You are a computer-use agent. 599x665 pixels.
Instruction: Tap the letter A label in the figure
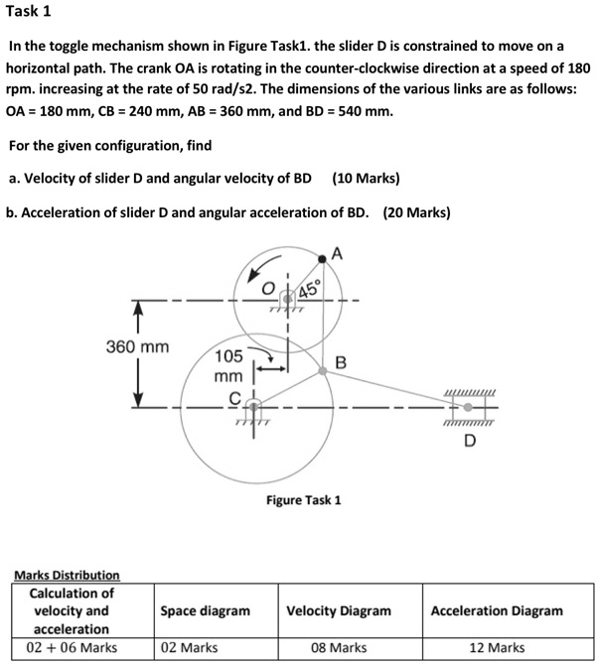pyautogui.click(x=338, y=252)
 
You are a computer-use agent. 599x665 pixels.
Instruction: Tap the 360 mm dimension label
pyautogui.click(x=137, y=347)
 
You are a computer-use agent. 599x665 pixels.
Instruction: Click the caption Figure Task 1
pyautogui.click(x=303, y=499)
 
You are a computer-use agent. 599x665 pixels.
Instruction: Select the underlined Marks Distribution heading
pyautogui.click(x=67, y=575)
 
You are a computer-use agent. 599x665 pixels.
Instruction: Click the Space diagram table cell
pyautogui.click(x=205, y=610)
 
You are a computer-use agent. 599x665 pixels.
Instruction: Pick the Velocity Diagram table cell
pyautogui.click(x=339, y=610)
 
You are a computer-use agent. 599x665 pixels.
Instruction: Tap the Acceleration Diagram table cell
pyautogui.click(x=497, y=610)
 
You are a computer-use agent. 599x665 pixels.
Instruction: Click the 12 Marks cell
pyautogui.click(x=497, y=647)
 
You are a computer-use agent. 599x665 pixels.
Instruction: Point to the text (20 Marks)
pyautogui.click(x=416, y=212)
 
